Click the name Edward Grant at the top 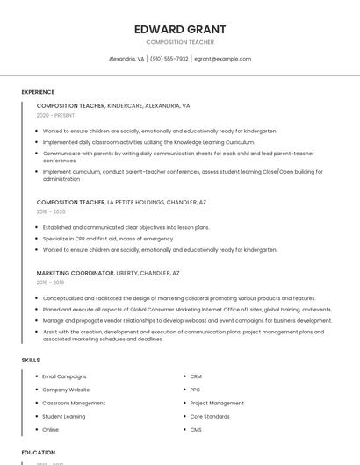coord(179,29)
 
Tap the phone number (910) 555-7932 coord(169,59)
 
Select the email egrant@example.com coord(222,59)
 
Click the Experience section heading coord(38,92)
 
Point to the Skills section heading coord(30,360)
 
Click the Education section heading coord(38,453)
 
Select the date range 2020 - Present coord(55,115)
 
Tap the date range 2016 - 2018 coord(51,283)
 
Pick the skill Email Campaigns coord(64,376)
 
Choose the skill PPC coord(195,390)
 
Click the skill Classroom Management coord(74,403)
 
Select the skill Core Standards coord(210,416)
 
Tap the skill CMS coord(196,430)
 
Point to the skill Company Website coord(66,390)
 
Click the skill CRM coord(196,376)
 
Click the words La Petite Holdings coord(135,202)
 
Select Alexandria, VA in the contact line coord(126,59)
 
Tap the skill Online coord(51,430)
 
